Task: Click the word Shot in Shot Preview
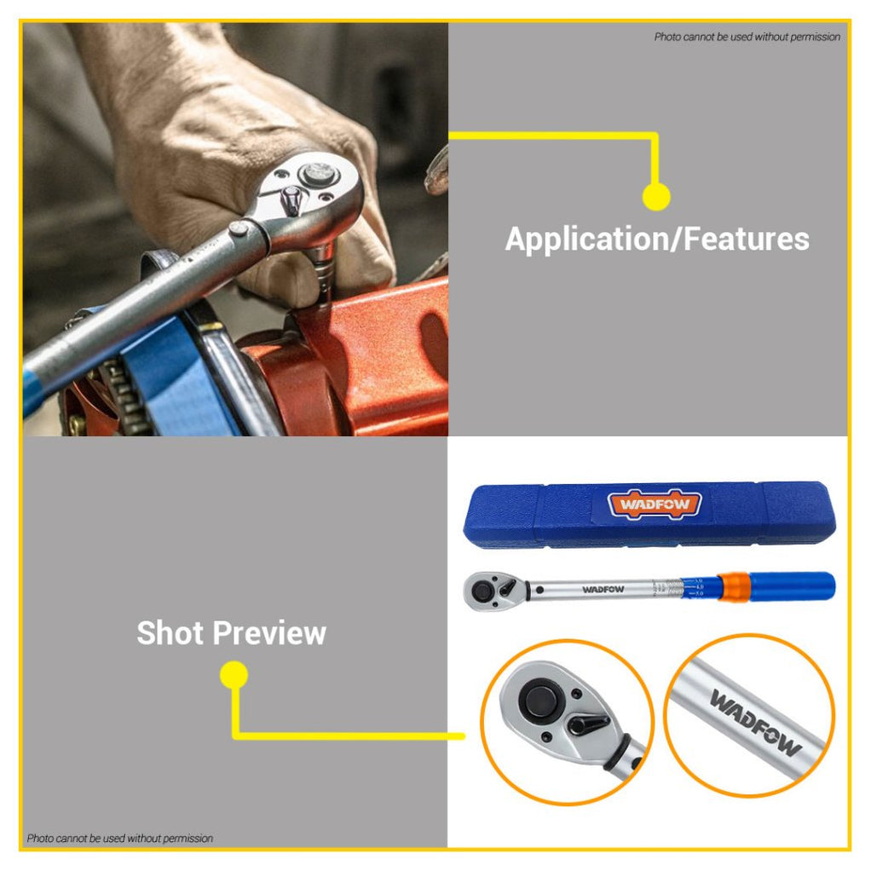[170, 633]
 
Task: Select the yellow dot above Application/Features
[655, 197]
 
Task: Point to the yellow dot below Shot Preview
[234, 676]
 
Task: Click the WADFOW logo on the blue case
[655, 505]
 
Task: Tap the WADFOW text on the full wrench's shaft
[603, 589]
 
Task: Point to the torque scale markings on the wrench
[682, 587]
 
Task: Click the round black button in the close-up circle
[539, 701]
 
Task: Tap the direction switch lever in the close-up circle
[588, 725]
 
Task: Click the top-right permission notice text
[747, 37]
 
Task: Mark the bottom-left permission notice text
[120, 839]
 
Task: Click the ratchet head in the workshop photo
[307, 192]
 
